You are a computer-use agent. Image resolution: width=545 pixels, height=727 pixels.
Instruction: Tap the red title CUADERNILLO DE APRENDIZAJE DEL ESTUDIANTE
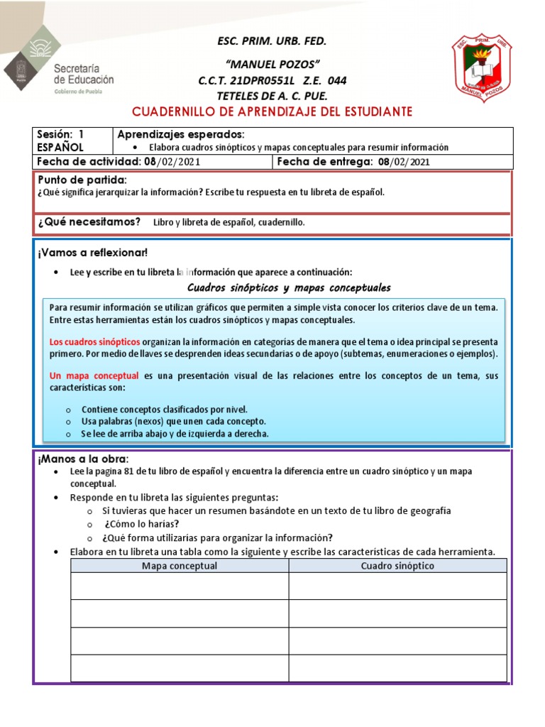pos(272,112)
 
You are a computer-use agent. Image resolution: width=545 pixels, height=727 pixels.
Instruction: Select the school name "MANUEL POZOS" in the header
pos(272,64)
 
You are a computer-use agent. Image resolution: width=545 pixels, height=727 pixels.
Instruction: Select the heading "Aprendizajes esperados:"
pos(180,134)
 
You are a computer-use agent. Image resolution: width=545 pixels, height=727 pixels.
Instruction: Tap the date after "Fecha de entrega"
pos(404,162)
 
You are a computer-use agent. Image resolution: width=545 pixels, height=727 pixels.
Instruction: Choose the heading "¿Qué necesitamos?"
pos(89,222)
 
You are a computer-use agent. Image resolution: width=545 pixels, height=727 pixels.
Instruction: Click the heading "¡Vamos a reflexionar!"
pos(93,253)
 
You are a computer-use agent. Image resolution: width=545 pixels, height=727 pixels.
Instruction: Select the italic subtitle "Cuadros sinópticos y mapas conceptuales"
pos(289,288)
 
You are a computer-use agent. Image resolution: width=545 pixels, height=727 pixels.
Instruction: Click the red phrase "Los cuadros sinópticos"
pos(95,341)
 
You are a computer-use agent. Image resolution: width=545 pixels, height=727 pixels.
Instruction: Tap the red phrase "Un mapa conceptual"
pos(94,376)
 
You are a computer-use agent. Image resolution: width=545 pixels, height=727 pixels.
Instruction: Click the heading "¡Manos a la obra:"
pos(84,459)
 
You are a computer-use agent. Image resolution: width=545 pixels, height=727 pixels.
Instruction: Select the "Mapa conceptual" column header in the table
pos(180,566)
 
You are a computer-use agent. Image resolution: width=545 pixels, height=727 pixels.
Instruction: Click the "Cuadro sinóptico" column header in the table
pos(397,566)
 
